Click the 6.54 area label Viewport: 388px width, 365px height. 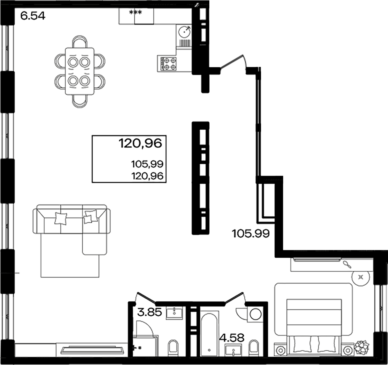[33, 16]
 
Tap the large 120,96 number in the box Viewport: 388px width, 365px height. [140, 144]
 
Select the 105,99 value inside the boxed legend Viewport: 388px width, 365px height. [147, 164]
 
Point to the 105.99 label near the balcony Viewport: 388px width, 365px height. [251, 233]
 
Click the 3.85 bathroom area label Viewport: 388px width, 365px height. [150, 312]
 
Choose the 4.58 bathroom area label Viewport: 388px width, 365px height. [232, 337]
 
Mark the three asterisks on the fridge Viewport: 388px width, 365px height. [135, 13]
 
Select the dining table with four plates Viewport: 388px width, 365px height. [79, 71]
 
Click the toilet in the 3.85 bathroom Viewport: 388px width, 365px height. [173, 348]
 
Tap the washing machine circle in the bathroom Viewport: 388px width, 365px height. [255, 314]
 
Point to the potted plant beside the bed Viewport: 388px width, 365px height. [361, 347]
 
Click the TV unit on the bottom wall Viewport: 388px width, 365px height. [91, 350]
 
